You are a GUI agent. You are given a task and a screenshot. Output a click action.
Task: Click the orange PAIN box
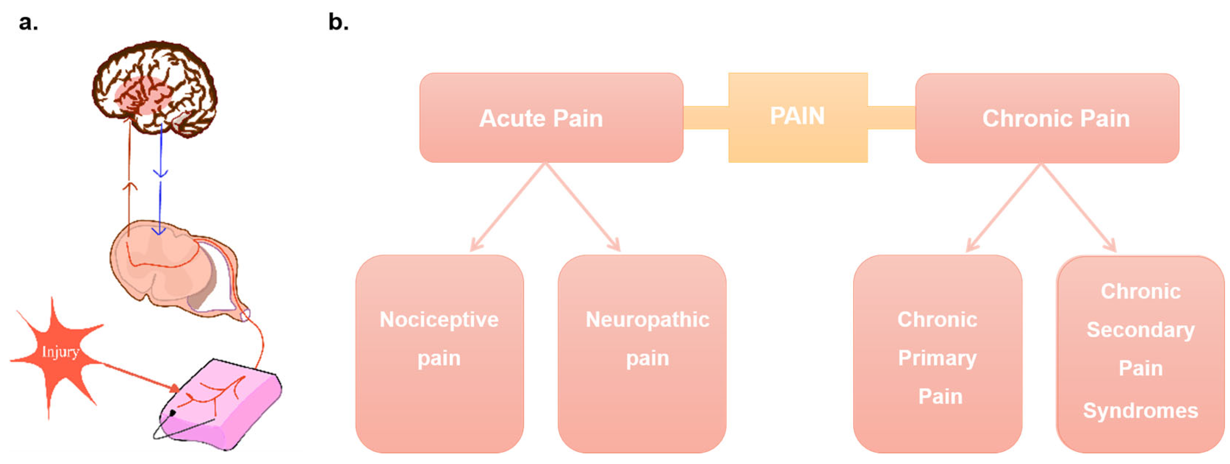pos(797,117)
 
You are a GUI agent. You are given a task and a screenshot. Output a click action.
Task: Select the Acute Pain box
pos(551,118)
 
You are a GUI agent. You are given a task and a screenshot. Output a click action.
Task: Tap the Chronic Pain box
pos(1046,118)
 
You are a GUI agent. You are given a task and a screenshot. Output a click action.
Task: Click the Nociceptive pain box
pos(439,354)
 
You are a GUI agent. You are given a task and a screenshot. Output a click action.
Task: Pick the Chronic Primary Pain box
pos(937,354)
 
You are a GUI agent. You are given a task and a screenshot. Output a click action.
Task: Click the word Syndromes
pos(1140,410)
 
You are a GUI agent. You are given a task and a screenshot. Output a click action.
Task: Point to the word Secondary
pos(1140,330)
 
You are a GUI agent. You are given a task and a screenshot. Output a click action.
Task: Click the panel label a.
pos(28,22)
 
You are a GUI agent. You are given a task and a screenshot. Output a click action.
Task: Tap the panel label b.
pos(338,22)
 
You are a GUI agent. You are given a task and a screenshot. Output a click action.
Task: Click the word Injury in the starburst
pos(60,352)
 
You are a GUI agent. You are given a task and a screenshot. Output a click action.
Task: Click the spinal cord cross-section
pos(172,268)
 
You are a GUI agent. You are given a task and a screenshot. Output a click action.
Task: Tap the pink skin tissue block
pos(225,406)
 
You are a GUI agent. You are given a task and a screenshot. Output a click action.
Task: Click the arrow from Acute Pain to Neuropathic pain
pos(583,206)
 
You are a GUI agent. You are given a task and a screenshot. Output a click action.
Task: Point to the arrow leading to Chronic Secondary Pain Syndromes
pos(1078,206)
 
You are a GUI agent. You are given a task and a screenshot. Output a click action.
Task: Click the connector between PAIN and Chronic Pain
pos(891,118)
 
